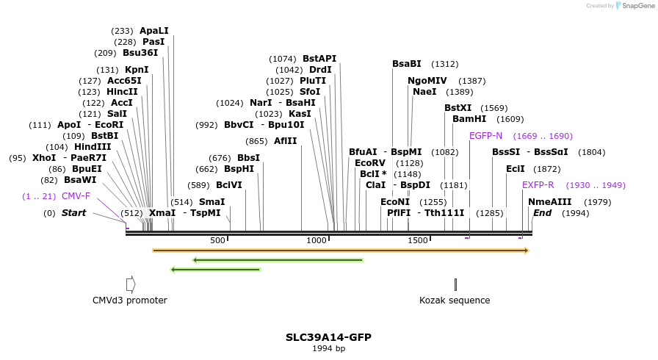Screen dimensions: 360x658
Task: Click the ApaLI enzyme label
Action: [154, 31]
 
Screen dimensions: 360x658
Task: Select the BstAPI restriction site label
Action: [319, 59]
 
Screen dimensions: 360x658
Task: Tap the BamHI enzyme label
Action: [469, 119]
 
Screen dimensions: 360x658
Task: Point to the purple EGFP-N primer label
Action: [485, 136]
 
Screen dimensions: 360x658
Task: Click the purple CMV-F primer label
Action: [76, 196]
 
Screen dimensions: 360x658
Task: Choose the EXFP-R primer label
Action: [538, 185]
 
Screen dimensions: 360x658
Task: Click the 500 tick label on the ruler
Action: [217, 240]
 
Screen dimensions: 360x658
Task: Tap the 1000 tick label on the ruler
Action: [317, 240]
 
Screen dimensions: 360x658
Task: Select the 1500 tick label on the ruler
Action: [418, 240]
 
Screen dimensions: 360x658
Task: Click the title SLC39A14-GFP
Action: [328, 337]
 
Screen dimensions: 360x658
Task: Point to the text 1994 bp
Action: [328, 348]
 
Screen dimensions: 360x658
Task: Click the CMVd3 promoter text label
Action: [130, 300]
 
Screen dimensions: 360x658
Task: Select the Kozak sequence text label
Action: [455, 300]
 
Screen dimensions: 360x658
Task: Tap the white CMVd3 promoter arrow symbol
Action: [131, 284]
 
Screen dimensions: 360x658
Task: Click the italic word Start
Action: [73, 213]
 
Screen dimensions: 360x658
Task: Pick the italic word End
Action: [542, 213]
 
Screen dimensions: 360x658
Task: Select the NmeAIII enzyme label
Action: [549, 202]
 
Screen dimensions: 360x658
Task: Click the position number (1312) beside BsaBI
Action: [444, 64]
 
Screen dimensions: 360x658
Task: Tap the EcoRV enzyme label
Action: [370, 163]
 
